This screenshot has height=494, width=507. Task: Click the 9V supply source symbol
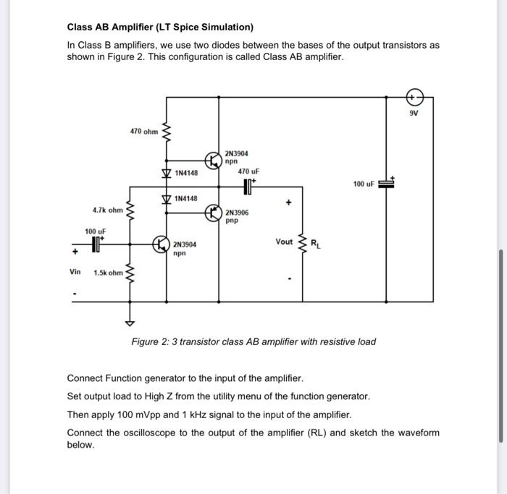(414, 96)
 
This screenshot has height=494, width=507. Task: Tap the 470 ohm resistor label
(143, 132)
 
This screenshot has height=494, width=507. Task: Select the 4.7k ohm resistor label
(107, 210)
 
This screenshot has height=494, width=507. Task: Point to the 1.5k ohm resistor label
(107, 273)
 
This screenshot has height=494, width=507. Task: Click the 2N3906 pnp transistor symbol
(214, 213)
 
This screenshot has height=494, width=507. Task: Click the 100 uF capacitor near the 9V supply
(387, 184)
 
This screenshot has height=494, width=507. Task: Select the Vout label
(284, 242)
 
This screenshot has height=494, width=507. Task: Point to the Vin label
(75, 272)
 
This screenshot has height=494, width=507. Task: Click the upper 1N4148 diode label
(186, 174)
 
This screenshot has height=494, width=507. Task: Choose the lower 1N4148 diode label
(186, 197)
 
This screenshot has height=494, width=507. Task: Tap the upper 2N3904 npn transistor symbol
(214, 159)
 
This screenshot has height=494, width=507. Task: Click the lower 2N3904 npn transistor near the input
(161, 245)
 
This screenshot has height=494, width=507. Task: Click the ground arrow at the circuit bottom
(131, 323)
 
